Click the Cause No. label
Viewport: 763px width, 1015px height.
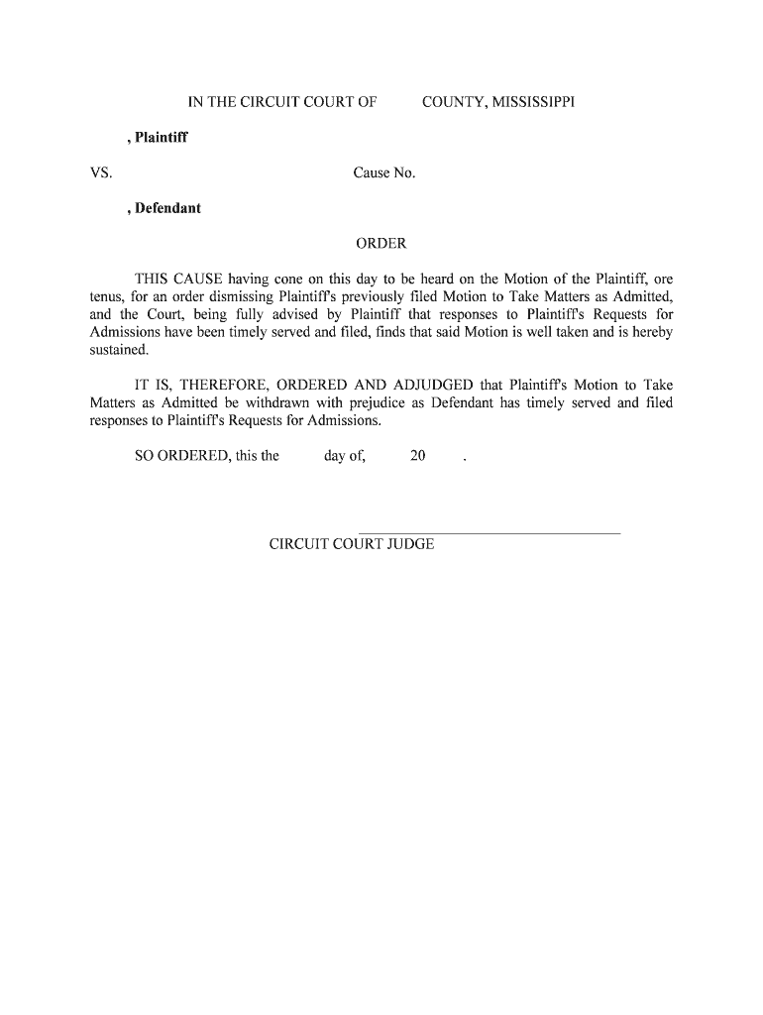(x=384, y=173)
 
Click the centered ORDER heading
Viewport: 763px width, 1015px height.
(x=381, y=244)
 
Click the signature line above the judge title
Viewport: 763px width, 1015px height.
(x=488, y=533)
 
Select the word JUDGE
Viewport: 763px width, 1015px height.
(x=410, y=545)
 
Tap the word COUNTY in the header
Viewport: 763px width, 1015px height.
(x=453, y=102)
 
